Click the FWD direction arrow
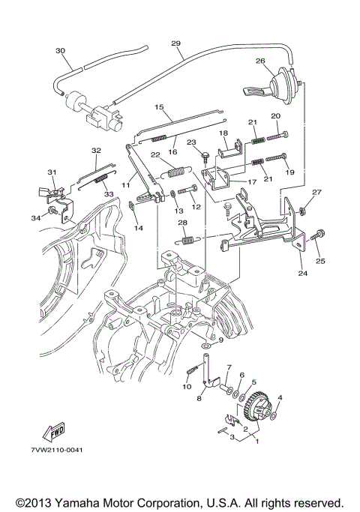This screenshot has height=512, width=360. tap(53, 432)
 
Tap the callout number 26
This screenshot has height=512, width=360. tap(260, 61)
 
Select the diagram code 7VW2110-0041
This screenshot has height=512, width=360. tap(57, 450)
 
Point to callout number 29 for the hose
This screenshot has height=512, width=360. tap(175, 43)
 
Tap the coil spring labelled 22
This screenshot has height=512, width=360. tap(175, 172)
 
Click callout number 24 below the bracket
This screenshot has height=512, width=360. tap(302, 273)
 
